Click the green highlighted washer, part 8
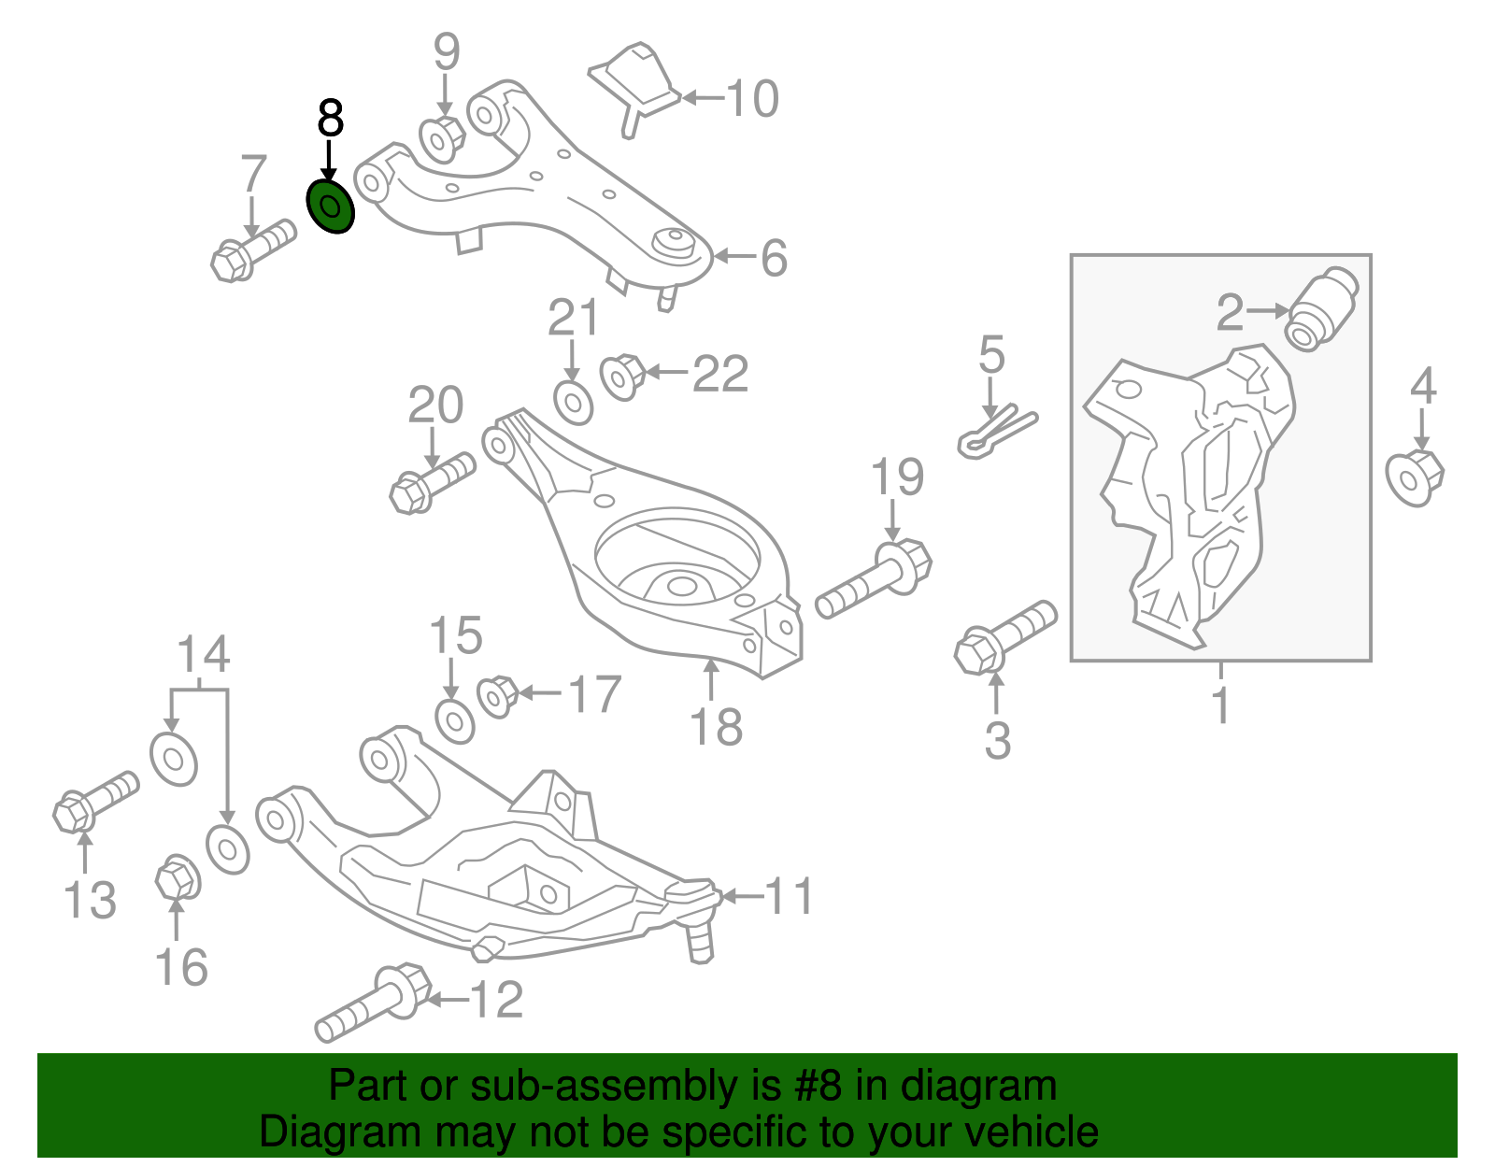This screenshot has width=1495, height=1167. point(331,207)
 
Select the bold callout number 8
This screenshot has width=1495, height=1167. point(331,120)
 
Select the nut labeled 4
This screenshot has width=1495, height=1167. point(1415,477)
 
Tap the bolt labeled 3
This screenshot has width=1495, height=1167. point(1004,637)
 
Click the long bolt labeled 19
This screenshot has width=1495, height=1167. point(875,578)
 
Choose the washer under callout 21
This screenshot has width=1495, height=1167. point(573,403)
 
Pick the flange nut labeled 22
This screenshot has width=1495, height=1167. point(623,376)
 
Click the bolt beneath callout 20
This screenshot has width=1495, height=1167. point(430,481)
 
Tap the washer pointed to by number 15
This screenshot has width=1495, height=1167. point(455,720)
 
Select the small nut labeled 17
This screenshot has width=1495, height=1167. point(497,695)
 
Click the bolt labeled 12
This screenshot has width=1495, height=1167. point(373,1005)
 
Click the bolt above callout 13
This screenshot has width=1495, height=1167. point(93,800)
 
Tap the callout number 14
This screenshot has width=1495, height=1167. point(204,655)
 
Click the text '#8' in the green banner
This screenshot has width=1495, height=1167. point(820,1087)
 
